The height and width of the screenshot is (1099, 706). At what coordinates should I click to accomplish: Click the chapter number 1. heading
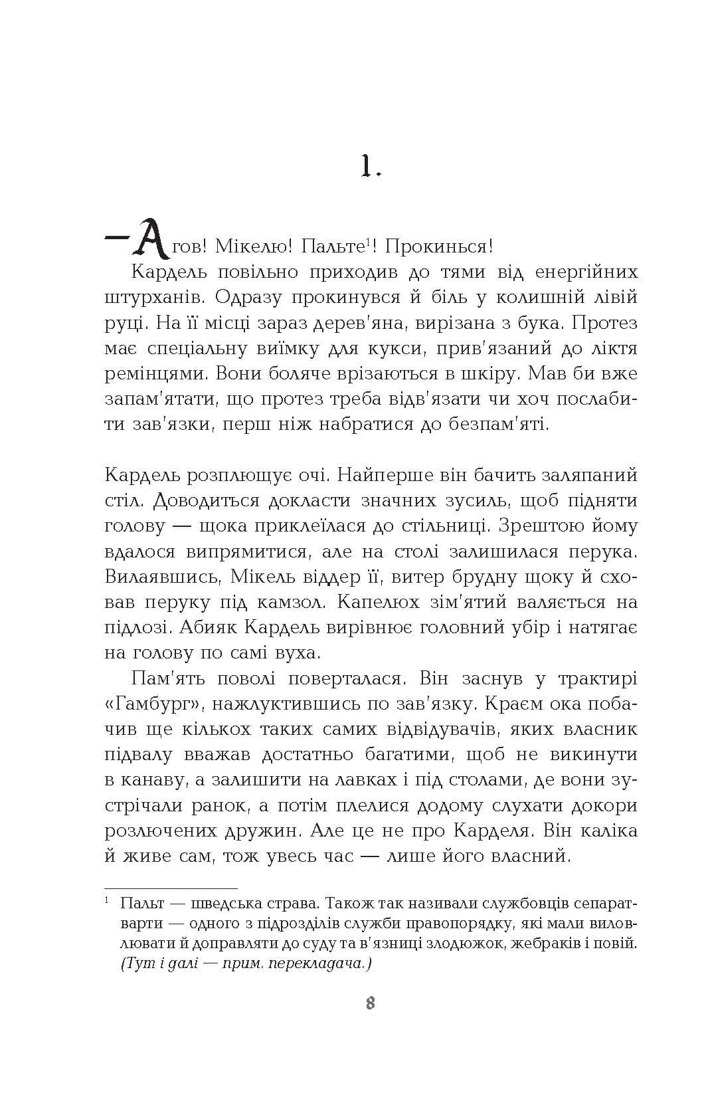click(x=371, y=166)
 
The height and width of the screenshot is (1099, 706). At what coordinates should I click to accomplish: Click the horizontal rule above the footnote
click(x=171, y=888)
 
